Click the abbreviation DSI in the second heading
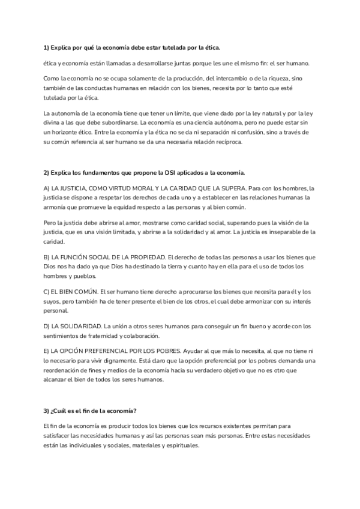tap(163, 173)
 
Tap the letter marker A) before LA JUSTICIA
tap(47, 188)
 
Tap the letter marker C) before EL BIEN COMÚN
tap(47, 291)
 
